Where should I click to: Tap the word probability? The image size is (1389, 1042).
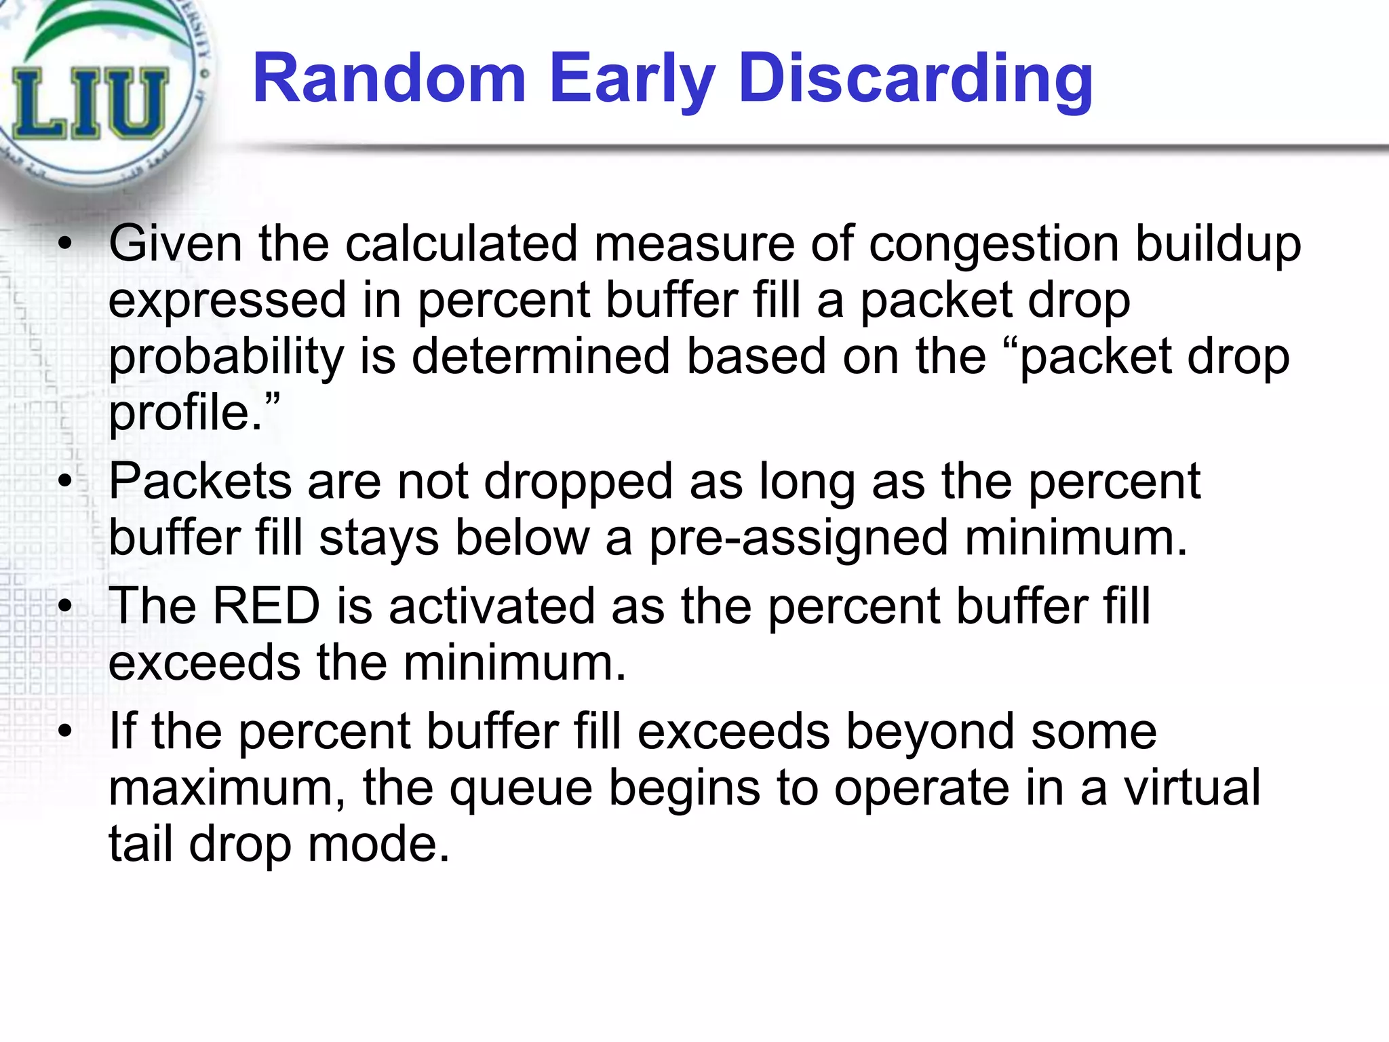pos(227,358)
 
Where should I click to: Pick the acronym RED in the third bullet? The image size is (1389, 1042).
pos(266,606)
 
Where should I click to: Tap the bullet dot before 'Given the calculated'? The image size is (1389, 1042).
pos(64,245)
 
